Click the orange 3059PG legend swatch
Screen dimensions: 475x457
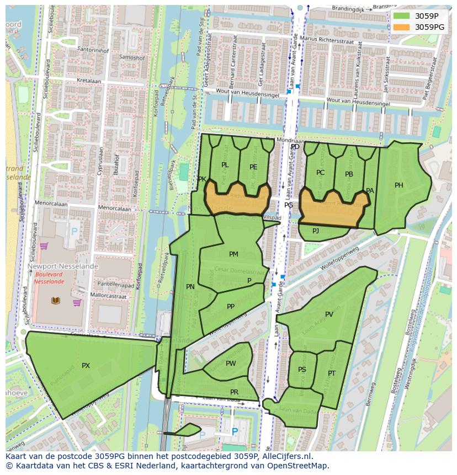click(401, 26)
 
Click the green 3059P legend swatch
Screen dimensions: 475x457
click(401, 16)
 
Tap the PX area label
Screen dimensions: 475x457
click(86, 366)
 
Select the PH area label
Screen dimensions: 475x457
click(399, 185)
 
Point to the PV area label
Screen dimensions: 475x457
click(329, 314)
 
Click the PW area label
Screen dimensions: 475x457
click(231, 363)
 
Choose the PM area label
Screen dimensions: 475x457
click(233, 254)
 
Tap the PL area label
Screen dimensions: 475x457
click(225, 165)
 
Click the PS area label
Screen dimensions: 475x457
click(302, 370)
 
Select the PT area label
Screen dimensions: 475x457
click(332, 373)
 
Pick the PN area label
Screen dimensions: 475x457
click(190, 286)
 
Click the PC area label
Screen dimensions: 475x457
click(320, 173)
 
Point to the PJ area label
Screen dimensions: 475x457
click(316, 231)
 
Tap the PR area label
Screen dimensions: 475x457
click(234, 392)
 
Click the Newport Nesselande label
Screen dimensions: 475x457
click(63, 266)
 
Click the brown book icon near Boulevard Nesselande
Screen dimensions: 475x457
click(56, 301)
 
